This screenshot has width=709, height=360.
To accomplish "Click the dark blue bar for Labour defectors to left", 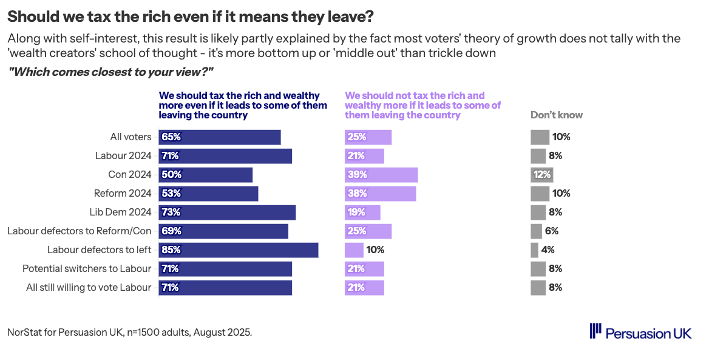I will coord(239,250).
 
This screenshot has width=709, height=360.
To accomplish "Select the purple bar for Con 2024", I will coord(381,175).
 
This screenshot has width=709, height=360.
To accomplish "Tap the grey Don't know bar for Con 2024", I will coord(541,175).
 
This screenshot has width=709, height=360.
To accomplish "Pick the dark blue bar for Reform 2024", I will coord(208,194).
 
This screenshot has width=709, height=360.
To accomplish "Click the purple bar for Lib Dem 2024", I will coord(362,212).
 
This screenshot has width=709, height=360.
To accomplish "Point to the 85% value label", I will coord(172,250).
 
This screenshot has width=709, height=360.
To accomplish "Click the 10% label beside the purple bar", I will coord(375,250).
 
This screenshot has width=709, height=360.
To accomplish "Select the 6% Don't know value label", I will coord(551,231).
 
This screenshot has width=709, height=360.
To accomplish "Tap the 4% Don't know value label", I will coord(548,250).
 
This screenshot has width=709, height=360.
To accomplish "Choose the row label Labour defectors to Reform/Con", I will coord(79,231).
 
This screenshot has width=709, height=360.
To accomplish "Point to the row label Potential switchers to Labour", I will coord(87,268).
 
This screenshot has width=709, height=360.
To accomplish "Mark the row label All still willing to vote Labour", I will coord(89,287).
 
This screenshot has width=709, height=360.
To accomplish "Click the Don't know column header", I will coord(557,115).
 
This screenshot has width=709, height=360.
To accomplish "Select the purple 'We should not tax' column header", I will coord(422,105).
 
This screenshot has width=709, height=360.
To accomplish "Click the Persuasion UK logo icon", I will coord(595,331).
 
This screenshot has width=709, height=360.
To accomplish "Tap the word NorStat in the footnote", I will coord(25,333).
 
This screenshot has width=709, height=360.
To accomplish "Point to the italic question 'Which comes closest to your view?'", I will coord(110,72).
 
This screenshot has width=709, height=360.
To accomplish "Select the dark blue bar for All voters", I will coord(220,137).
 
